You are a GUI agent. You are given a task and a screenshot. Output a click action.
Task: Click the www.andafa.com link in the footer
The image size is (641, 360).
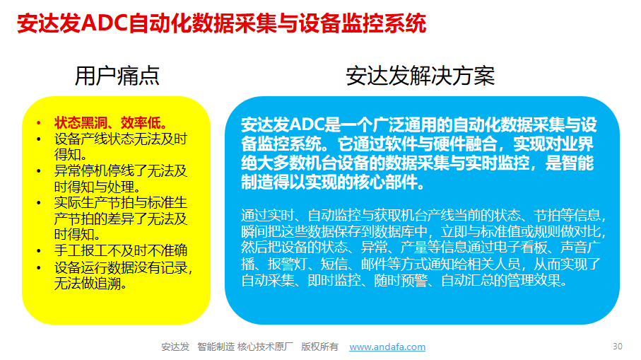point(387,347)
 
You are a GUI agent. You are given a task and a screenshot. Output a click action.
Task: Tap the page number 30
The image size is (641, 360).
point(617,347)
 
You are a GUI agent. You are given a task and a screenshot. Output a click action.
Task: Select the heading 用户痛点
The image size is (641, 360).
point(117,76)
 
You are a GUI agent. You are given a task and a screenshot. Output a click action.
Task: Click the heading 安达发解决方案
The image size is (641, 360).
point(421,76)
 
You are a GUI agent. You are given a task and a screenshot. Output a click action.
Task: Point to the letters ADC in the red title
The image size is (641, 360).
point(104,23)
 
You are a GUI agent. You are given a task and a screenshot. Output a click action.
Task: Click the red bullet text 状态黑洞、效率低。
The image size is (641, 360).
point(111,123)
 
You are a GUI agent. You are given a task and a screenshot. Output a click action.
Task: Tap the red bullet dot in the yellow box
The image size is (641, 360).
point(39,123)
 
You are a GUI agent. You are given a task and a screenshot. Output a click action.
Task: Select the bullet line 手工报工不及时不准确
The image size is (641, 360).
point(121,250)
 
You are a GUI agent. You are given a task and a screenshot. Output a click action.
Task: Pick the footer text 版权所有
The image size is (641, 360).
point(319,347)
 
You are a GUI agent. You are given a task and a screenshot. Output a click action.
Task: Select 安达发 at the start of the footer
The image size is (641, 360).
point(175,347)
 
